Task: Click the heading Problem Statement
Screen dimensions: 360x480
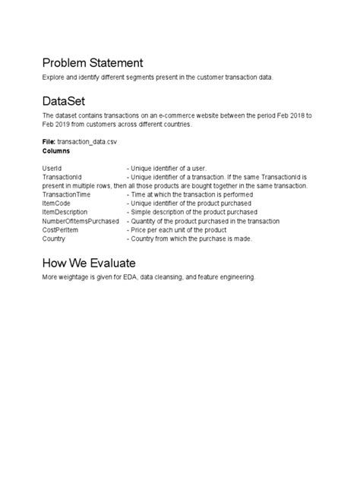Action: point(93,63)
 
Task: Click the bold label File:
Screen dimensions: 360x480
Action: point(50,142)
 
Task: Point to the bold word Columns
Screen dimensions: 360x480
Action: point(57,151)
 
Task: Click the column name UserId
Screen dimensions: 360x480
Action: point(52,168)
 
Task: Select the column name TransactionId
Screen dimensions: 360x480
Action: point(63,176)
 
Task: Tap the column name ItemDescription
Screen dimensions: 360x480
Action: point(67,212)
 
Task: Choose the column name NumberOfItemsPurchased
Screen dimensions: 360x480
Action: point(81,221)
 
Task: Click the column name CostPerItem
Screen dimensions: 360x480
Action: point(62,229)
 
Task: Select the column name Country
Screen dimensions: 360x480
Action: point(55,238)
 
